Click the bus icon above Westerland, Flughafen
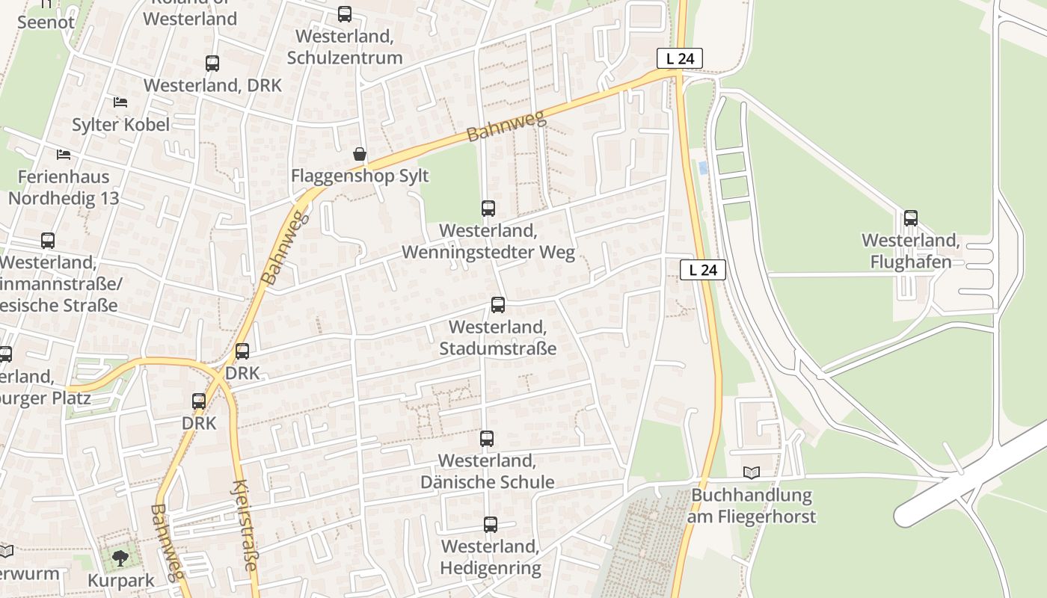click(910, 218)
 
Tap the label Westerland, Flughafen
click(910, 251)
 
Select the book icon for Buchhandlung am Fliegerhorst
click(751, 472)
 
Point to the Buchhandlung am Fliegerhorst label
click(752, 505)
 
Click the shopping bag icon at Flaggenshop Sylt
click(360, 154)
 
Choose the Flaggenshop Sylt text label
click(360, 176)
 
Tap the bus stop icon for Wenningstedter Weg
click(488, 209)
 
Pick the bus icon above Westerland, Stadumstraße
click(498, 305)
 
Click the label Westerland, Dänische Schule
click(487, 471)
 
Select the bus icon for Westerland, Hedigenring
click(490, 525)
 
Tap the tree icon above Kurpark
click(120, 558)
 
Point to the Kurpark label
click(121, 580)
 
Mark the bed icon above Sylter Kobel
click(120, 102)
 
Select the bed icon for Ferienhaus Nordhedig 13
click(64, 155)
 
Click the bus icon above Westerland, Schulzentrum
click(344, 13)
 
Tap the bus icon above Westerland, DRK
click(212, 64)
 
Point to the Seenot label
click(46, 22)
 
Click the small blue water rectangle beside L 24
click(702, 168)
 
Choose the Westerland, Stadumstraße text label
click(498, 338)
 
